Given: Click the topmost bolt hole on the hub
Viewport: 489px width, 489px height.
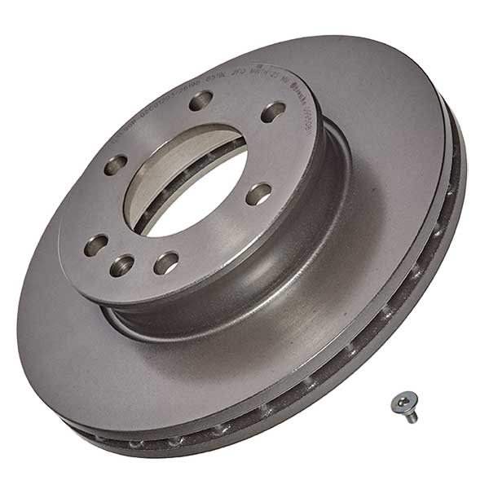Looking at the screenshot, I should click(200, 101).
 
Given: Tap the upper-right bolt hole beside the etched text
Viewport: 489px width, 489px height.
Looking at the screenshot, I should click(272, 112).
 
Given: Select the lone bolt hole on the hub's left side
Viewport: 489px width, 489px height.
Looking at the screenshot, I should click(116, 164).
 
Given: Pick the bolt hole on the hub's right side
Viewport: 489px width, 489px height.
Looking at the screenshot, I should click(258, 194).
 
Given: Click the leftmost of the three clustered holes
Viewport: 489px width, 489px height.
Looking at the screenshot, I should click(97, 244).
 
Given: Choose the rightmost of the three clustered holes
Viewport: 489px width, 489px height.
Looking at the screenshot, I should click(166, 262).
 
